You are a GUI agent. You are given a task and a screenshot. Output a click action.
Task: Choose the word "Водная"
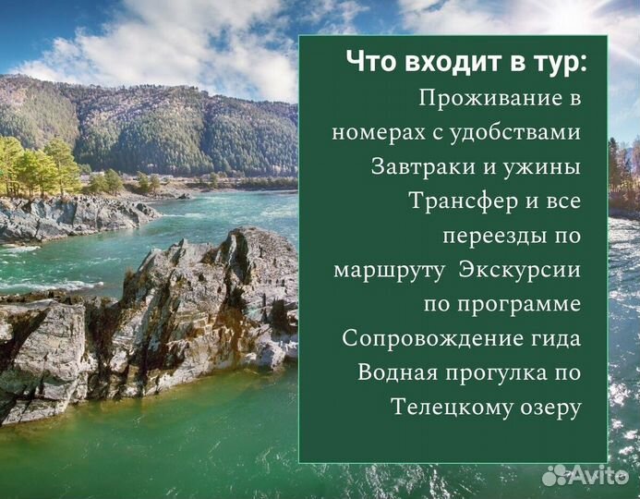[397, 372]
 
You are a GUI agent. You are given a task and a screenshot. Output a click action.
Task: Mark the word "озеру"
[549, 407]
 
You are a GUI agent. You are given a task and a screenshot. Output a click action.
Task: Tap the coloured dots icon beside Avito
[555, 475]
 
